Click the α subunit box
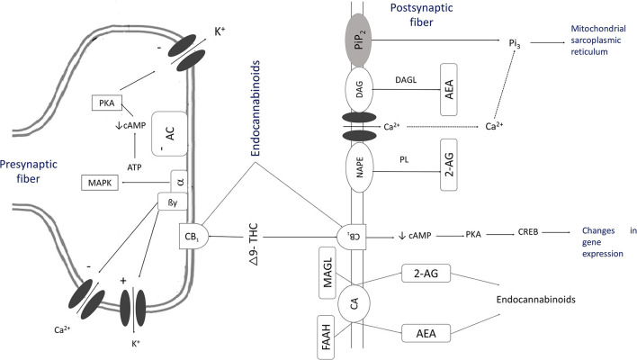180,160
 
